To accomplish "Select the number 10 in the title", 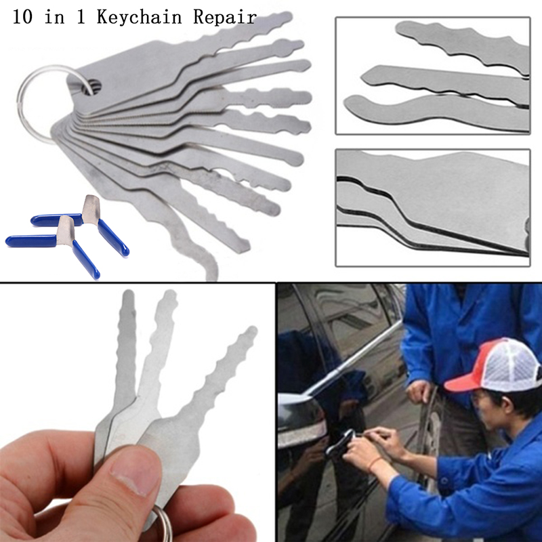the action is tap(23, 16).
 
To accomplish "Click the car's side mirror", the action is tap(301, 418).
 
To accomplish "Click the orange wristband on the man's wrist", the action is tap(375, 463).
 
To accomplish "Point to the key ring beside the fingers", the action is tap(163, 524).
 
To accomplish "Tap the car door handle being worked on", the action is tap(341, 442).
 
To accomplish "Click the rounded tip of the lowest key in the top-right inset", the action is tap(350, 104).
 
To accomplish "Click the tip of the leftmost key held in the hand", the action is tap(128, 294).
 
